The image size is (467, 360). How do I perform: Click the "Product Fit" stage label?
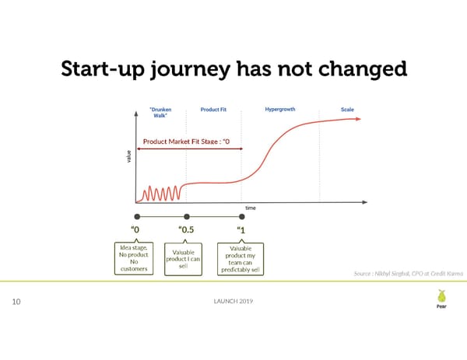click(214, 110)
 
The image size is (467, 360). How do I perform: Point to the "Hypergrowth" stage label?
click(279, 110)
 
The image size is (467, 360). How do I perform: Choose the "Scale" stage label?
click(347, 110)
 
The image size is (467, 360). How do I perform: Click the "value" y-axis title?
click(129, 156)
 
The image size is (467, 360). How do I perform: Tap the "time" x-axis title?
click(251, 208)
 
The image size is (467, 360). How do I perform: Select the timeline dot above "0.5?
click(186, 217)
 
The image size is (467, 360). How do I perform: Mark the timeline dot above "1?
click(241, 217)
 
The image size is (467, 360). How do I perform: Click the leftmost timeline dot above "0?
click(137, 217)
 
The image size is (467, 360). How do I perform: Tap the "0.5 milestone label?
click(187, 230)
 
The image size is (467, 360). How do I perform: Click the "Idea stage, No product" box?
click(135, 258)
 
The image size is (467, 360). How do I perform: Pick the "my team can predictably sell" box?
click(241, 260)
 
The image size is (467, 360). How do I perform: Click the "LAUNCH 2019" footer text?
click(233, 301)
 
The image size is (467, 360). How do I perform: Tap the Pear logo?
click(441, 299)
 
